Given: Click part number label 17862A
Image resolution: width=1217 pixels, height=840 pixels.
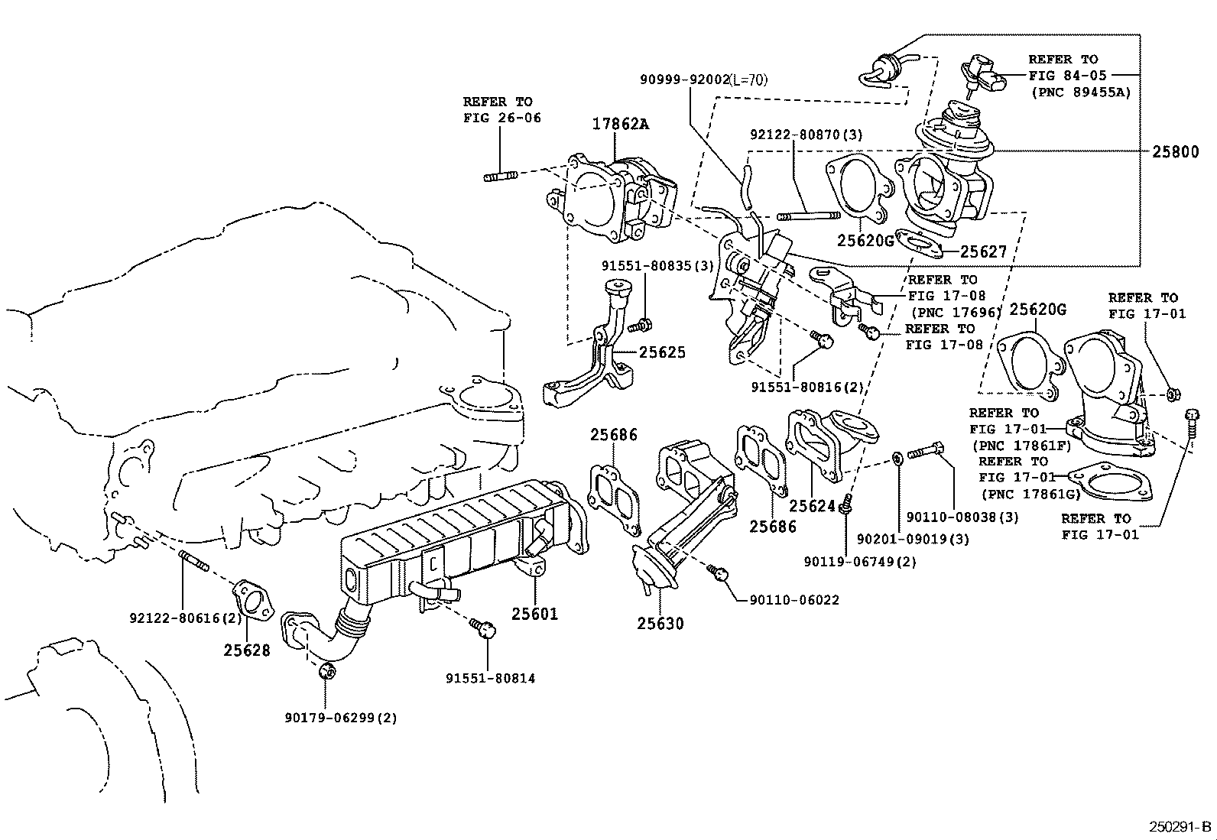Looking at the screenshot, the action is pos(621,124).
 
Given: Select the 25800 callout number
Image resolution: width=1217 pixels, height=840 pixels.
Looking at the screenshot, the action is pos(1176,151).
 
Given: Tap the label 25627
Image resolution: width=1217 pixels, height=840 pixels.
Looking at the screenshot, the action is pos(983,251).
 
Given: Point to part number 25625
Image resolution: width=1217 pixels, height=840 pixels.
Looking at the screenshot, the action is pos(662,352).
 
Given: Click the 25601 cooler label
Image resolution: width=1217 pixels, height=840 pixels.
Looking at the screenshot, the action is pos(534,614).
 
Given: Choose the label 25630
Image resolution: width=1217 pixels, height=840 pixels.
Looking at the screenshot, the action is pos(660,623).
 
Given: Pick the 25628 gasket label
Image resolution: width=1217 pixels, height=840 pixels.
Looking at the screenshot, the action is pos(247,650).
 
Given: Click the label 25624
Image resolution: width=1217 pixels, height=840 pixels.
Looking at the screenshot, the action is pos(813,506).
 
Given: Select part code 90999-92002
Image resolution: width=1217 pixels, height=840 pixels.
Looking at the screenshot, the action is pos(685,79).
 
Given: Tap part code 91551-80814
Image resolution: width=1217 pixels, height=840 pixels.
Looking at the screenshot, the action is pos(491,678).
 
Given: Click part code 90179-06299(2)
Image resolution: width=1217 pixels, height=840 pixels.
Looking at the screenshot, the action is pos(341,718).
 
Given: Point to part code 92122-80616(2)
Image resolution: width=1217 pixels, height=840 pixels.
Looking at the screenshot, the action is pos(185,618).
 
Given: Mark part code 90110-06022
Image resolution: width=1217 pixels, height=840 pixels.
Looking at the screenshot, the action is pos(794,600).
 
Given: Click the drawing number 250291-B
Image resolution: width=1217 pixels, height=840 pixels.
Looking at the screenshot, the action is pos(1180,826).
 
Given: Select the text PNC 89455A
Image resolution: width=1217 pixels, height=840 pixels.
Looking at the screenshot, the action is pos(1082,92).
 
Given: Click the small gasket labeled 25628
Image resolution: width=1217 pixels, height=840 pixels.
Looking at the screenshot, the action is pos(252,601).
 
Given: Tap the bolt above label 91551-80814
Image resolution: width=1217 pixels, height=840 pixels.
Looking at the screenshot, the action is pos(482,627).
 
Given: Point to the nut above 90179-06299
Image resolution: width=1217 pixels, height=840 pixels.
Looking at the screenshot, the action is pos(326,671).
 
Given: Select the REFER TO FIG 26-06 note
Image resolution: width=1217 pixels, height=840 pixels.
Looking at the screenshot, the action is pos(502,110).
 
